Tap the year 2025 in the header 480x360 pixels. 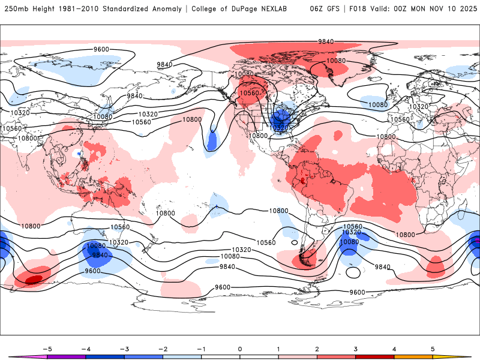coord(464,9)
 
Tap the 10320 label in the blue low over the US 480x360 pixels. coord(280,127)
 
